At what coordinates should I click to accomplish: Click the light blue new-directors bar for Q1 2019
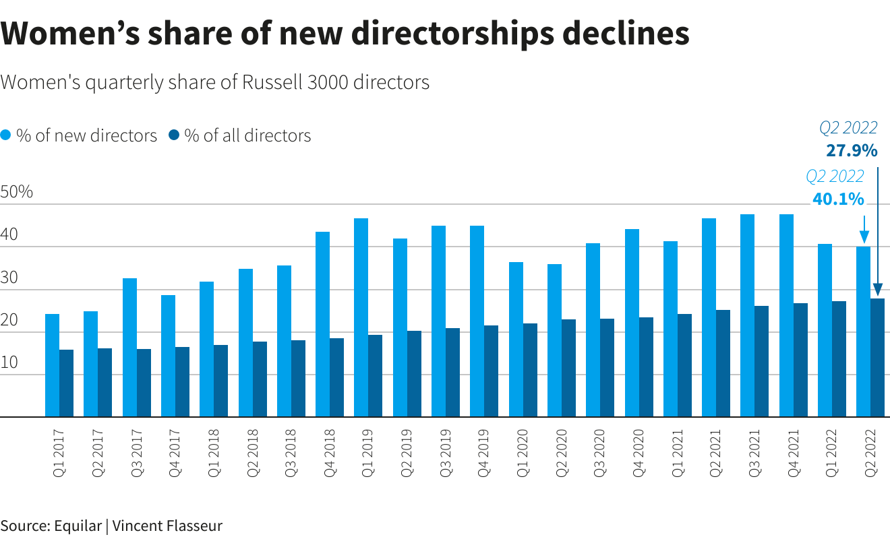click(361, 317)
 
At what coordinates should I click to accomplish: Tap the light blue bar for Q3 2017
click(129, 348)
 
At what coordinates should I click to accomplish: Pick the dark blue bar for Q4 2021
click(800, 360)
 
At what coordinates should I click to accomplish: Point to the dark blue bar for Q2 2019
click(414, 374)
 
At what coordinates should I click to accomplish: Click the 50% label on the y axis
click(17, 192)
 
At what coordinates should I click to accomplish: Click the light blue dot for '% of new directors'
click(5, 135)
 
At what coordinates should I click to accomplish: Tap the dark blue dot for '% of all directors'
click(174, 135)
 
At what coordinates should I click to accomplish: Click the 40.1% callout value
click(838, 199)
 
